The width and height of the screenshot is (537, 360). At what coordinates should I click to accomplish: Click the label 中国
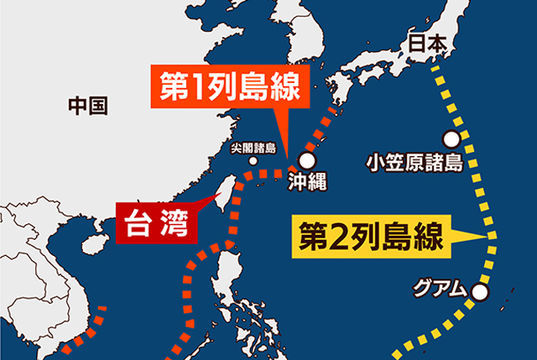(87, 107)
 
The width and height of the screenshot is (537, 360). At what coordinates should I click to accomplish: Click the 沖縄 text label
(305, 180)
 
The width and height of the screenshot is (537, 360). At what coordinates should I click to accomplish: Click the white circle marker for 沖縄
(307, 159)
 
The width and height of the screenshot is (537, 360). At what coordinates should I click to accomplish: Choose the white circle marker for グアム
(479, 292)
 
